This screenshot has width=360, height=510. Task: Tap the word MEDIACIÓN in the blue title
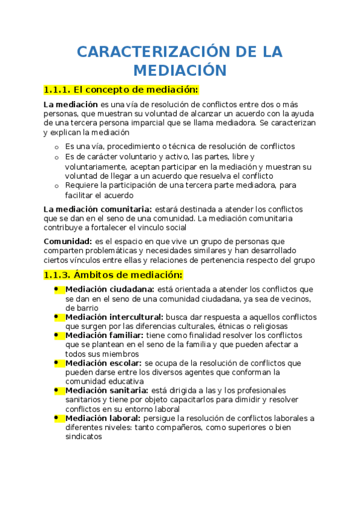[180, 70]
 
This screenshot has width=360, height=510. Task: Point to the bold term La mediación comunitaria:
[97, 209]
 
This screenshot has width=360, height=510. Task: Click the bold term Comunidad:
[67, 241]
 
